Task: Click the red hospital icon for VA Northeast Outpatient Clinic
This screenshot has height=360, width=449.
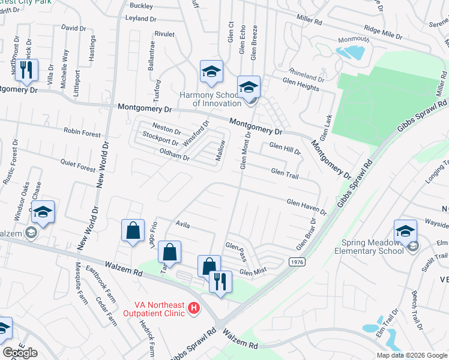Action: [x=193, y=308]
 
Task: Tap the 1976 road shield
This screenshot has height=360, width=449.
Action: [x=296, y=262]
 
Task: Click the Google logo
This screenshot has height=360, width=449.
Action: [x=20, y=353]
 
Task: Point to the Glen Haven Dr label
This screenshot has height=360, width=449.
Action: [x=307, y=207]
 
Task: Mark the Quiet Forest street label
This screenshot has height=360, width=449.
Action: [x=78, y=165]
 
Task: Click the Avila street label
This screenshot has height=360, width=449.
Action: [x=182, y=225]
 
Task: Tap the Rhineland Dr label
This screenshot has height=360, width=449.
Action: [x=306, y=78]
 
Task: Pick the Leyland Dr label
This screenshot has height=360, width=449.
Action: [x=140, y=19]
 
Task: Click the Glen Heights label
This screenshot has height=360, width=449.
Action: [x=300, y=88]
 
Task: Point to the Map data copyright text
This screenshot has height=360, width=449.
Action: [x=411, y=355]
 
